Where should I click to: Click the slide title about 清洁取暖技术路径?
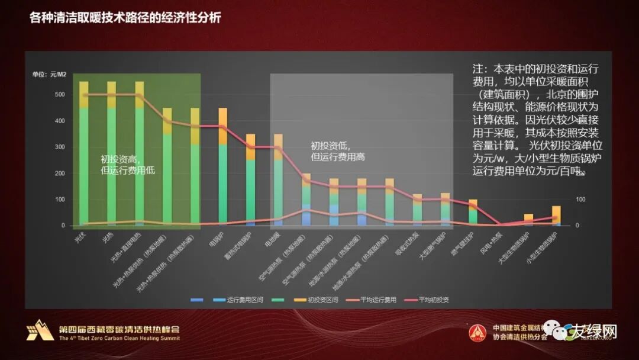(x=125, y=18)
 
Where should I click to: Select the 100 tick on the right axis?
(x=580, y=200)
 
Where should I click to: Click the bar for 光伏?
(x=84, y=154)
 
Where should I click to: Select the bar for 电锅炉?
(x=223, y=166)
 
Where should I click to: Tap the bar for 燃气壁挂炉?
(x=473, y=212)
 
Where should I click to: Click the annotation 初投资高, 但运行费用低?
(x=128, y=165)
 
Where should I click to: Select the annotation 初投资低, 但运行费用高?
(x=338, y=151)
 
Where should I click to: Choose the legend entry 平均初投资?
(x=433, y=300)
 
